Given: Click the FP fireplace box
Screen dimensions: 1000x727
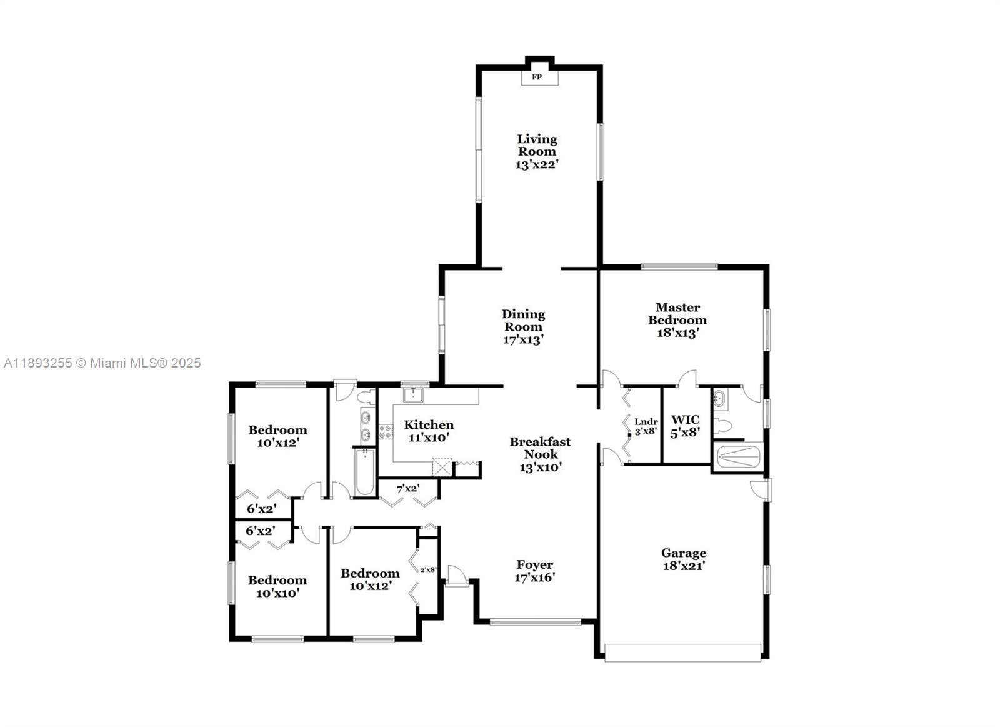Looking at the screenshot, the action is [540, 77].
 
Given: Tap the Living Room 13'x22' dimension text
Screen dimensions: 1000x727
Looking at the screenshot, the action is [537, 165].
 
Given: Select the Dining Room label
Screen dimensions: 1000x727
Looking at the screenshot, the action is [523, 320].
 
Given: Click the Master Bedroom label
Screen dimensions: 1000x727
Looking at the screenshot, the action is [677, 313].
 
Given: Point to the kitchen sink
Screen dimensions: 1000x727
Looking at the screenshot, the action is [413, 395].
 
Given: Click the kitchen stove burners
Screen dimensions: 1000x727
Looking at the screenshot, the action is [386, 431].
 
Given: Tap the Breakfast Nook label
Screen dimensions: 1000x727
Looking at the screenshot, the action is [540, 448].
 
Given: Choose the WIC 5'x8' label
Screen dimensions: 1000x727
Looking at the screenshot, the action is [685, 426].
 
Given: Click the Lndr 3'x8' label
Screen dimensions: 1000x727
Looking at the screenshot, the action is [646, 426].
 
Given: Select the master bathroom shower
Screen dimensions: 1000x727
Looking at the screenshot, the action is [738, 458].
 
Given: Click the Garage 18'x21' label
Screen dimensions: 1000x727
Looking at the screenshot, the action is [684, 559].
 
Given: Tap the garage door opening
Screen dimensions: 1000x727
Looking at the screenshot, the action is [683, 653].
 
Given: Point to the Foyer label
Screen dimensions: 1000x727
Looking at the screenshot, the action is [535, 564].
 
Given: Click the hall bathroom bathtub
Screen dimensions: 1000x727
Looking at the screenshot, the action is [365, 473].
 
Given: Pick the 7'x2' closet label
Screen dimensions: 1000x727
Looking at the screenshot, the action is [408, 489].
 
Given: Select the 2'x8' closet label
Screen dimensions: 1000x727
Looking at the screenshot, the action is [428, 569].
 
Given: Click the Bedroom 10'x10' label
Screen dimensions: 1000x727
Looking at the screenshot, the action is [277, 586].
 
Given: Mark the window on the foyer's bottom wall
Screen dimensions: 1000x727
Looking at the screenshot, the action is [535, 622].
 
